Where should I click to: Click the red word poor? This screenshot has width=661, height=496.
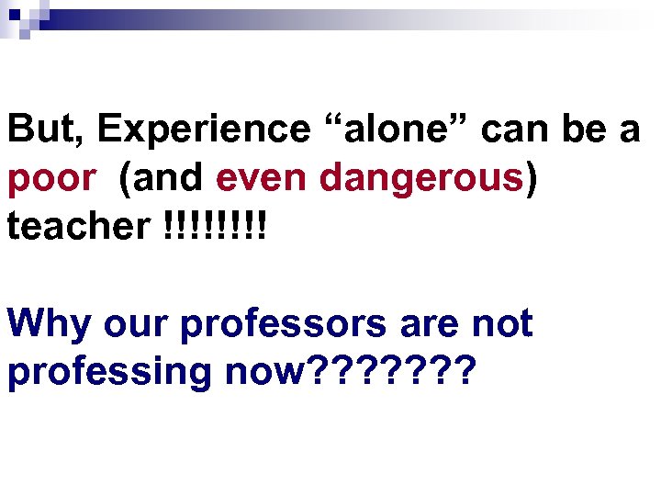point(51,179)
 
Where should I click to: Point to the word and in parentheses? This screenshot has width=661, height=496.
point(164,179)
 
